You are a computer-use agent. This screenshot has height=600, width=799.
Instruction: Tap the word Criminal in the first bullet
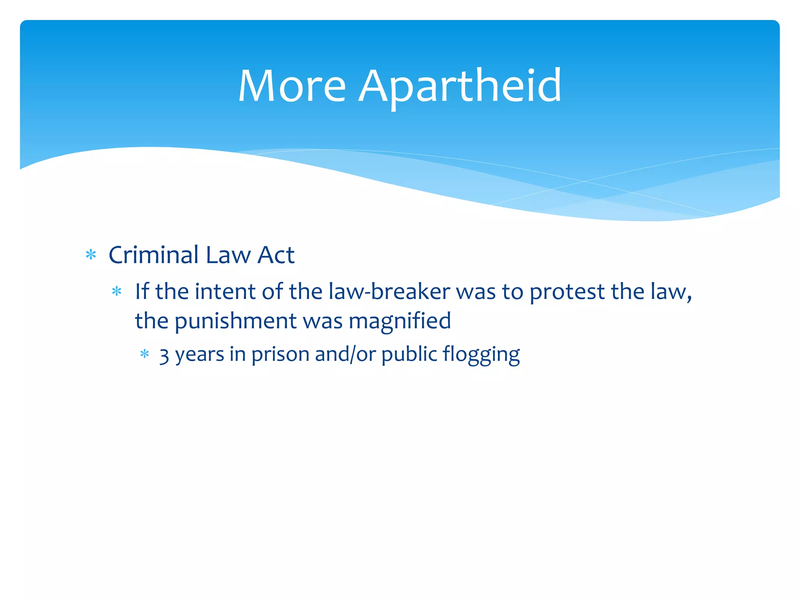click(154, 255)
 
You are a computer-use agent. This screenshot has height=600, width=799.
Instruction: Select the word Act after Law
click(276, 255)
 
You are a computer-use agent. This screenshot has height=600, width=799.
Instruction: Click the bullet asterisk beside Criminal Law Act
click(91, 255)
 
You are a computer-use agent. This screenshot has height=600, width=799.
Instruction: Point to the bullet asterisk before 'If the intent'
click(117, 291)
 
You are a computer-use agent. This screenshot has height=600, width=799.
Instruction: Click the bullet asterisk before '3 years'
click(145, 354)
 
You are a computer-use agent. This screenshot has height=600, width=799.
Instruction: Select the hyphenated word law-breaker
click(389, 291)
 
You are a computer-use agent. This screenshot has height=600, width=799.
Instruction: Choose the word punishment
click(235, 321)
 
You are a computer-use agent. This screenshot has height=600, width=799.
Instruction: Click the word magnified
click(399, 321)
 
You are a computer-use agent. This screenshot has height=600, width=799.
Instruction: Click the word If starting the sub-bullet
click(142, 291)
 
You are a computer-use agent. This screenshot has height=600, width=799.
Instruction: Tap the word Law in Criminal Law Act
click(228, 255)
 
